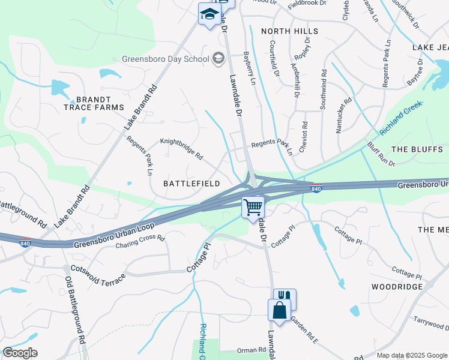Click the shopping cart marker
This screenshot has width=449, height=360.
253,208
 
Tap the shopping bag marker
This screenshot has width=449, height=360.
279,311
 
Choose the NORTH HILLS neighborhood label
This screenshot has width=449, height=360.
289,31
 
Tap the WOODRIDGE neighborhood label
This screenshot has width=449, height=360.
397,287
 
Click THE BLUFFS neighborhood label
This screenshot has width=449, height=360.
420,149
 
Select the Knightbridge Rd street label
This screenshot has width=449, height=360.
181,148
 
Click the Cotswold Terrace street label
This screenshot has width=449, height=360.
98,275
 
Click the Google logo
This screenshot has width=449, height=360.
20,353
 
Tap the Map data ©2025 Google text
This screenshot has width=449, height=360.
411,355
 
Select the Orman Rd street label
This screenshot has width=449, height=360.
251,350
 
